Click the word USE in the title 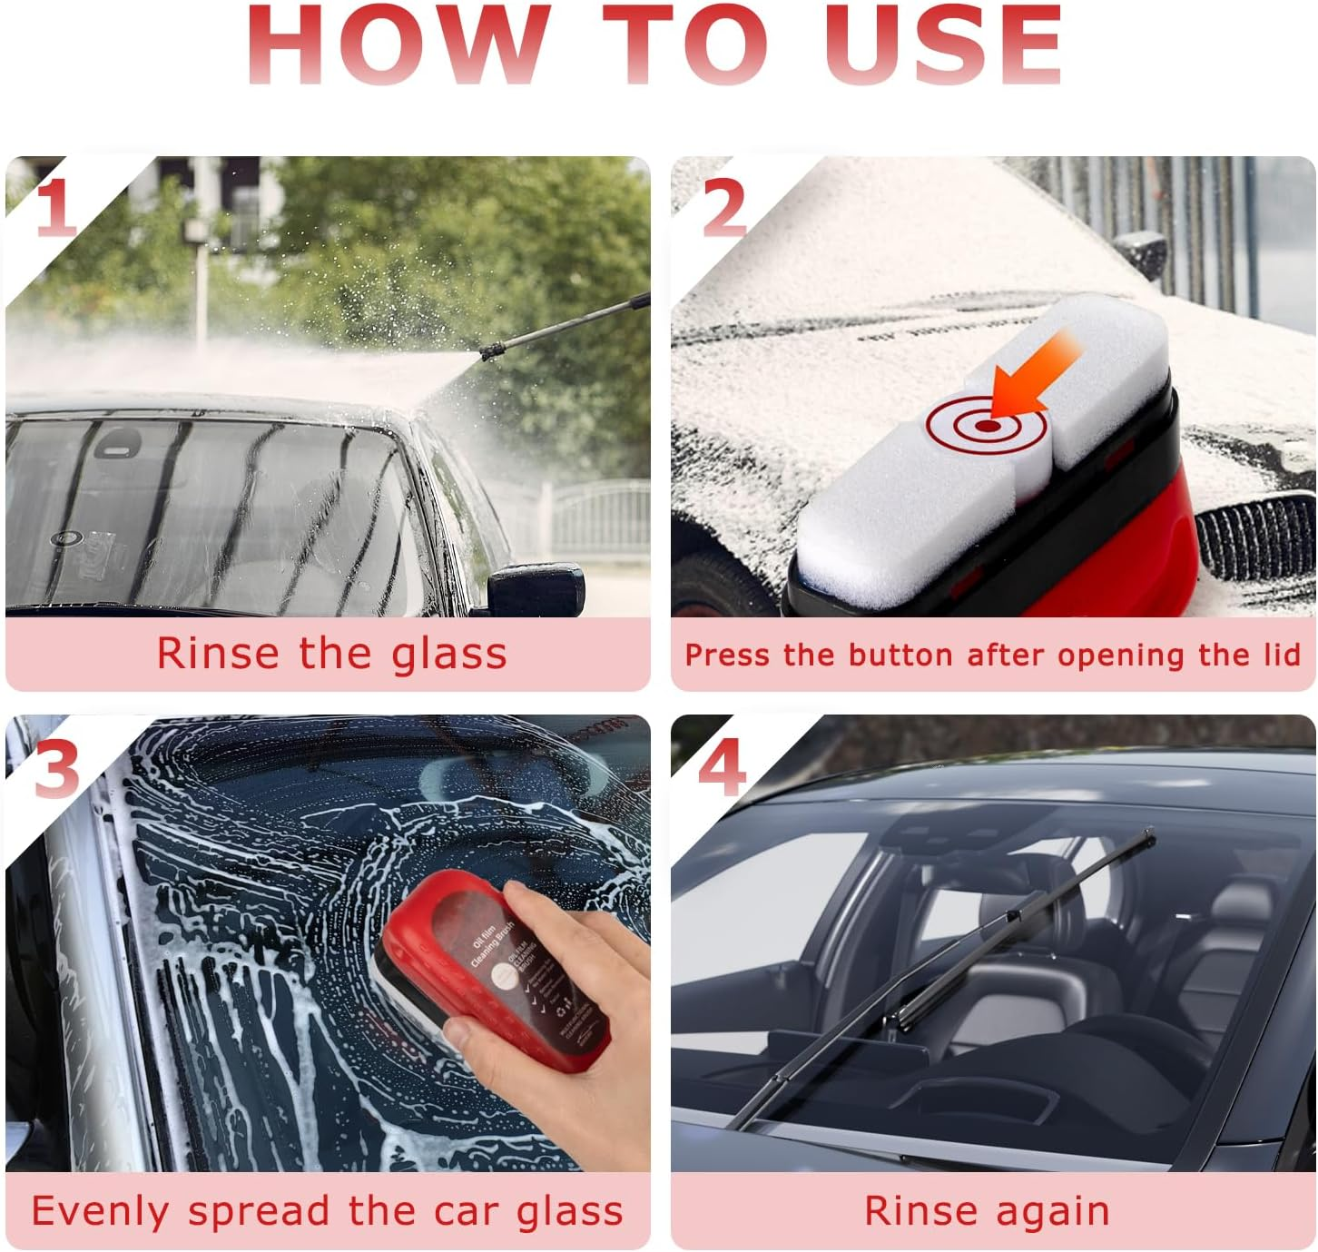click(944, 45)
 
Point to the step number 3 click(56, 768)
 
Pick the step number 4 click(723, 767)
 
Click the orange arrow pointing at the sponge click(1035, 372)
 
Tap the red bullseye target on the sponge click(987, 425)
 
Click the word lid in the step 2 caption click(1281, 655)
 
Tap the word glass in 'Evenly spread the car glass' click(570, 1211)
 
